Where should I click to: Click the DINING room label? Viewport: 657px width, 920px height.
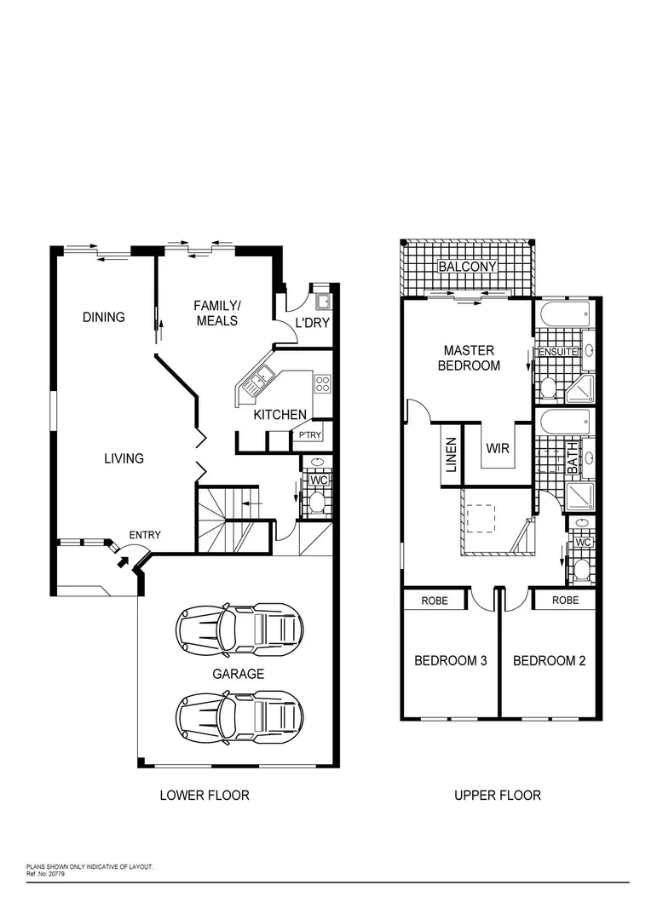pos(104,317)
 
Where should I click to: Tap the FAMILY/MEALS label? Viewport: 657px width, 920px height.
pos(217,313)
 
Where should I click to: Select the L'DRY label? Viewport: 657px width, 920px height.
pos(312,323)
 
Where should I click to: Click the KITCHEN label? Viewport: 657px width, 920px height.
pos(280,415)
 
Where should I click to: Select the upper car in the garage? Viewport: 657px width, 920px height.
pos(239,628)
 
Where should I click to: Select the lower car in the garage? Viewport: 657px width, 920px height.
pos(239,714)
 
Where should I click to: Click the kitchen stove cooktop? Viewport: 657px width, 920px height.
pos(322,383)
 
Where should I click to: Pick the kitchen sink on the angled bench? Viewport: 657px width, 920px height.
pos(256,380)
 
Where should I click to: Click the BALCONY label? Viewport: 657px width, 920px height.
pos(467,267)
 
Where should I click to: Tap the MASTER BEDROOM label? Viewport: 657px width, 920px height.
pos(470,358)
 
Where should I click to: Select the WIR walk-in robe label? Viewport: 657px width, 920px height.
pos(498,447)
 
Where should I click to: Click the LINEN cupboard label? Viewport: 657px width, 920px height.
pos(452,455)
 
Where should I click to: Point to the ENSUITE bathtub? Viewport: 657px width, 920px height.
pos(563,314)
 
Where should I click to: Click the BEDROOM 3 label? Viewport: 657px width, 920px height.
pos(450,660)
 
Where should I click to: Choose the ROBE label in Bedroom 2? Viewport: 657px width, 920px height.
pos(565,600)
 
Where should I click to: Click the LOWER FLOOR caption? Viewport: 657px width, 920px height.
pos(205,795)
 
